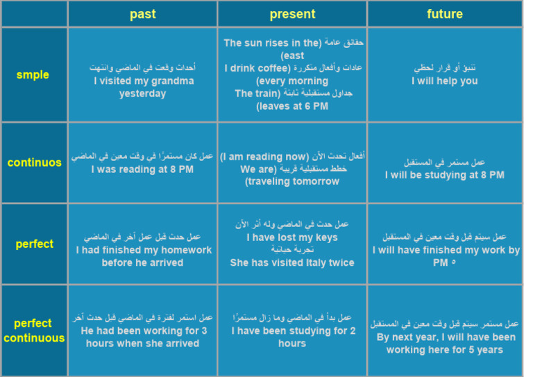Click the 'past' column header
142,14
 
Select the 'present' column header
292,14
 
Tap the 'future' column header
445,14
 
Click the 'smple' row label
33,75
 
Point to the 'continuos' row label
35,162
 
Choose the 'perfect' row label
35,244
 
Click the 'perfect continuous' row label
35,330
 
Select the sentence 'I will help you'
445,81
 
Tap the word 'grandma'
174,81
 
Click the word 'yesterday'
142,94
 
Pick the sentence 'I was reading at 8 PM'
142,169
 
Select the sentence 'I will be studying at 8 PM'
445,175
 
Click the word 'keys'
326,237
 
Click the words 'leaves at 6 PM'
292,106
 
